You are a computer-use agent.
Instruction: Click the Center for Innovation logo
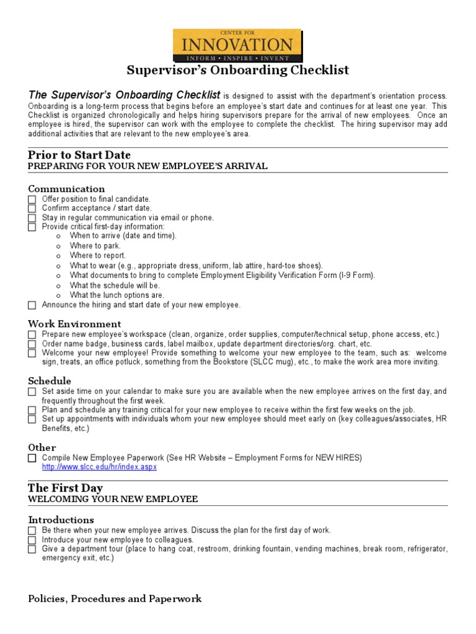coord(238,45)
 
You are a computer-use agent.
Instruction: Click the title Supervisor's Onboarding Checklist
coord(238,70)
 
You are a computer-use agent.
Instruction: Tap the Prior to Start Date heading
coord(79,155)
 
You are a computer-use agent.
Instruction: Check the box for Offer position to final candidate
coord(32,199)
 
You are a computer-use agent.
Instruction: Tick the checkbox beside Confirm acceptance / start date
coord(32,209)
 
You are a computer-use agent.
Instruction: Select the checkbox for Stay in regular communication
coord(32,218)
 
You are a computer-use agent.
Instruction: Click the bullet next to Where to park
coord(58,246)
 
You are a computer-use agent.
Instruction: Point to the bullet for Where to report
coord(58,256)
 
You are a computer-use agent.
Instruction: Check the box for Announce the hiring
coord(32,305)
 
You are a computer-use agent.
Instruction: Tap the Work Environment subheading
coord(74,324)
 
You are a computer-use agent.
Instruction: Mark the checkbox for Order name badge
coord(32,344)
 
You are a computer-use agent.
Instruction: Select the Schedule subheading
coord(50,381)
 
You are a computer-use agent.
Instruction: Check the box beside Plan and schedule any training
coord(32,410)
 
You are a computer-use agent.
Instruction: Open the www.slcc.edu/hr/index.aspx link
coord(99,467)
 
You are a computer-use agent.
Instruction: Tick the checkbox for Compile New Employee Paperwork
coord(32,458)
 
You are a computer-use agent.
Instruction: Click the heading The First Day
coord(65,489)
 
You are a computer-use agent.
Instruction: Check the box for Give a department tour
coord(32,549)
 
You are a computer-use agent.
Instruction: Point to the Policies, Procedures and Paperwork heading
coord(115,599)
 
